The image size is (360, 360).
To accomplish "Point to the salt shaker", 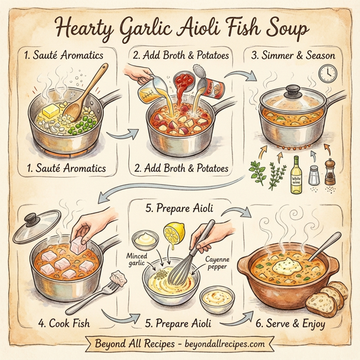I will tap(313, 175).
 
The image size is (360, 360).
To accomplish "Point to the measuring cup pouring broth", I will tap(148, 90).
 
